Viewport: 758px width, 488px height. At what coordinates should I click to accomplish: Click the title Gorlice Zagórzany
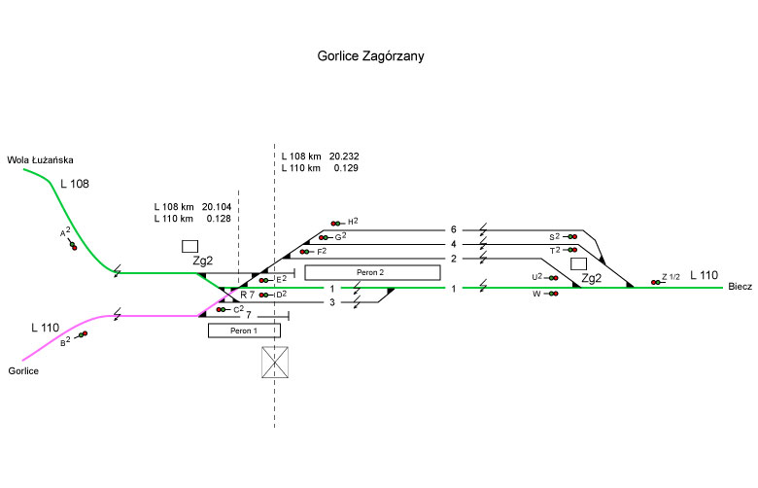pos(370,56)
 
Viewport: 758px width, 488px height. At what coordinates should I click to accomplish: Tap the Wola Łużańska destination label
pos(41,160)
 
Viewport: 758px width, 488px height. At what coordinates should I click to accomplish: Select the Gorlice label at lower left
pos(23,371)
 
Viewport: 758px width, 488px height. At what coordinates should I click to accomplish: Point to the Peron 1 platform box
pos(244,331)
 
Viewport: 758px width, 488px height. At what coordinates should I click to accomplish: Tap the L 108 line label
pos(75,183)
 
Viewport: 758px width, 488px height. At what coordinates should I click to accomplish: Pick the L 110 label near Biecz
pos(705,275)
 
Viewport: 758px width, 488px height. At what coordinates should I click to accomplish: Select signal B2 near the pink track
pos(81,335)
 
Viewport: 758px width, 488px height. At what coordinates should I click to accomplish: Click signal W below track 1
pos(551,294)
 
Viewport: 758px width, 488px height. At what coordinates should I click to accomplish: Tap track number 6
pos(453,230)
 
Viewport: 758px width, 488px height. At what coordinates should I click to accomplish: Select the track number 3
pos(331,303)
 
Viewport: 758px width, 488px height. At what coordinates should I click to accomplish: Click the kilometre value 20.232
pos(345,156)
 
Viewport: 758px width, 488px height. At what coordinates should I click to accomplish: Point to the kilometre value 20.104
pos(217,206)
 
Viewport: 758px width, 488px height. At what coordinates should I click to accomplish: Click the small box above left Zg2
pos(190,247)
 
